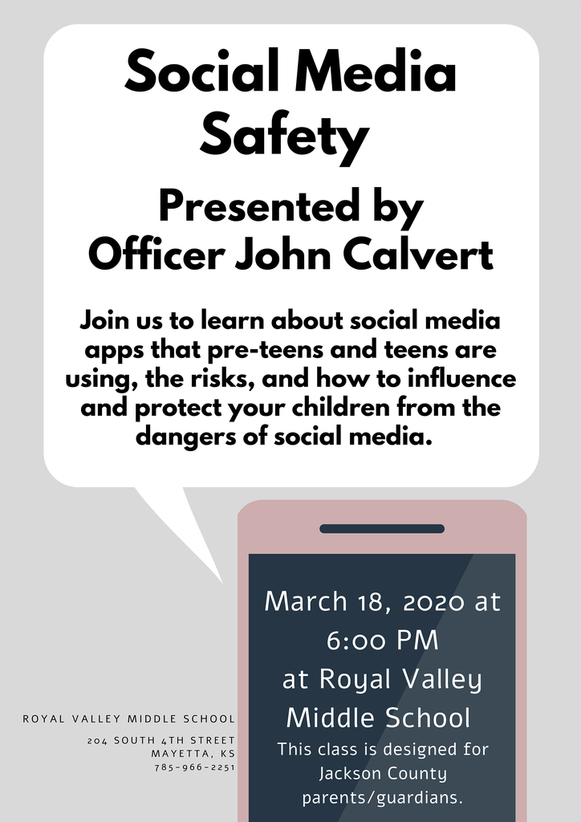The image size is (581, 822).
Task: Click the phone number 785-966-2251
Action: [x=194, y=767]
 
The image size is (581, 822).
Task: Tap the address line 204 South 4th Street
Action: [x=161, y=741]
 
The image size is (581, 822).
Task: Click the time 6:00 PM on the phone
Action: [x=383, y=641]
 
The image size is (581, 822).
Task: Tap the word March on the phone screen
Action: [x=305, y=600]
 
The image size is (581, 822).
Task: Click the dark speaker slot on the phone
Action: [x=382, y=528]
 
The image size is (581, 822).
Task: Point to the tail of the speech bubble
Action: [x=222, y=582]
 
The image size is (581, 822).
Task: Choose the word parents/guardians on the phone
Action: [x=383, y=799]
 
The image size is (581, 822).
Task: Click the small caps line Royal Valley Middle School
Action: [x=129, y=718]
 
